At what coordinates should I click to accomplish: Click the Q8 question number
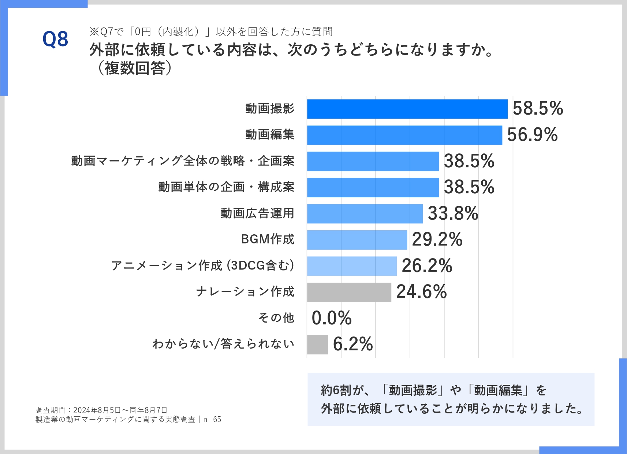[x=55, y=39]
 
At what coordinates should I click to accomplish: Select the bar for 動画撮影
[x=407, y=109]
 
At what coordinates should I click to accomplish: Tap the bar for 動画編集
[x=404, y=135]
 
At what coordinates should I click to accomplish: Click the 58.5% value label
[x=538, y=109]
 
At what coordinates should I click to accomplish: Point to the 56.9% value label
[x=532, y=135]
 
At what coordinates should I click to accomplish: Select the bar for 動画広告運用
[x=365, y=214]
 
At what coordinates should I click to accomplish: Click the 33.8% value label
[x=453, y=213]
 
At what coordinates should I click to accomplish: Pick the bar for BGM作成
[x=357, y=240]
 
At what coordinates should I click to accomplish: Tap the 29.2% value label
[x=437, y=240]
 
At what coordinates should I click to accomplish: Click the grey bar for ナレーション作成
[x=349, y=292]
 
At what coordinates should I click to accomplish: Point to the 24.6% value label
[x=421, y=292]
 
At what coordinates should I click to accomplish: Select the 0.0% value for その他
[x=331, y=318]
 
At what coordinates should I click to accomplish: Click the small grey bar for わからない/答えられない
[x=317, y=345]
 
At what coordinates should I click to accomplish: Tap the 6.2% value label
[x=353, y=344]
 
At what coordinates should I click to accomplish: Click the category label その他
[x=276, y=318]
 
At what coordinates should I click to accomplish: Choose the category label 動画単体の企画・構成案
[x=226, y=187]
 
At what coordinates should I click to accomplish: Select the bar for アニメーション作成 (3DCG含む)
[x=352, y=266]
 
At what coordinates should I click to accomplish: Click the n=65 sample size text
[x=212, y=420]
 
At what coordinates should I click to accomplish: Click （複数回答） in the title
[x=134, y=68]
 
